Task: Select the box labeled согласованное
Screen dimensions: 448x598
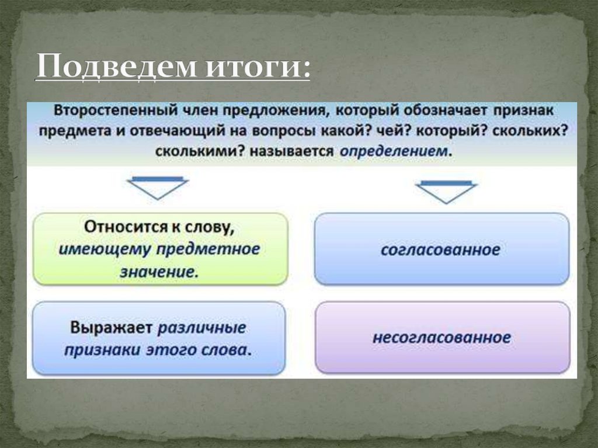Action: (441, 249)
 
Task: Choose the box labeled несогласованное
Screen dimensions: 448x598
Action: (441, 338)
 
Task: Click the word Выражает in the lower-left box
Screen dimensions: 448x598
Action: (112, 327)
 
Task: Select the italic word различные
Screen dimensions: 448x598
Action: (202, 327)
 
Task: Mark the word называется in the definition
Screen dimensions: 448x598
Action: (294, 150)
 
